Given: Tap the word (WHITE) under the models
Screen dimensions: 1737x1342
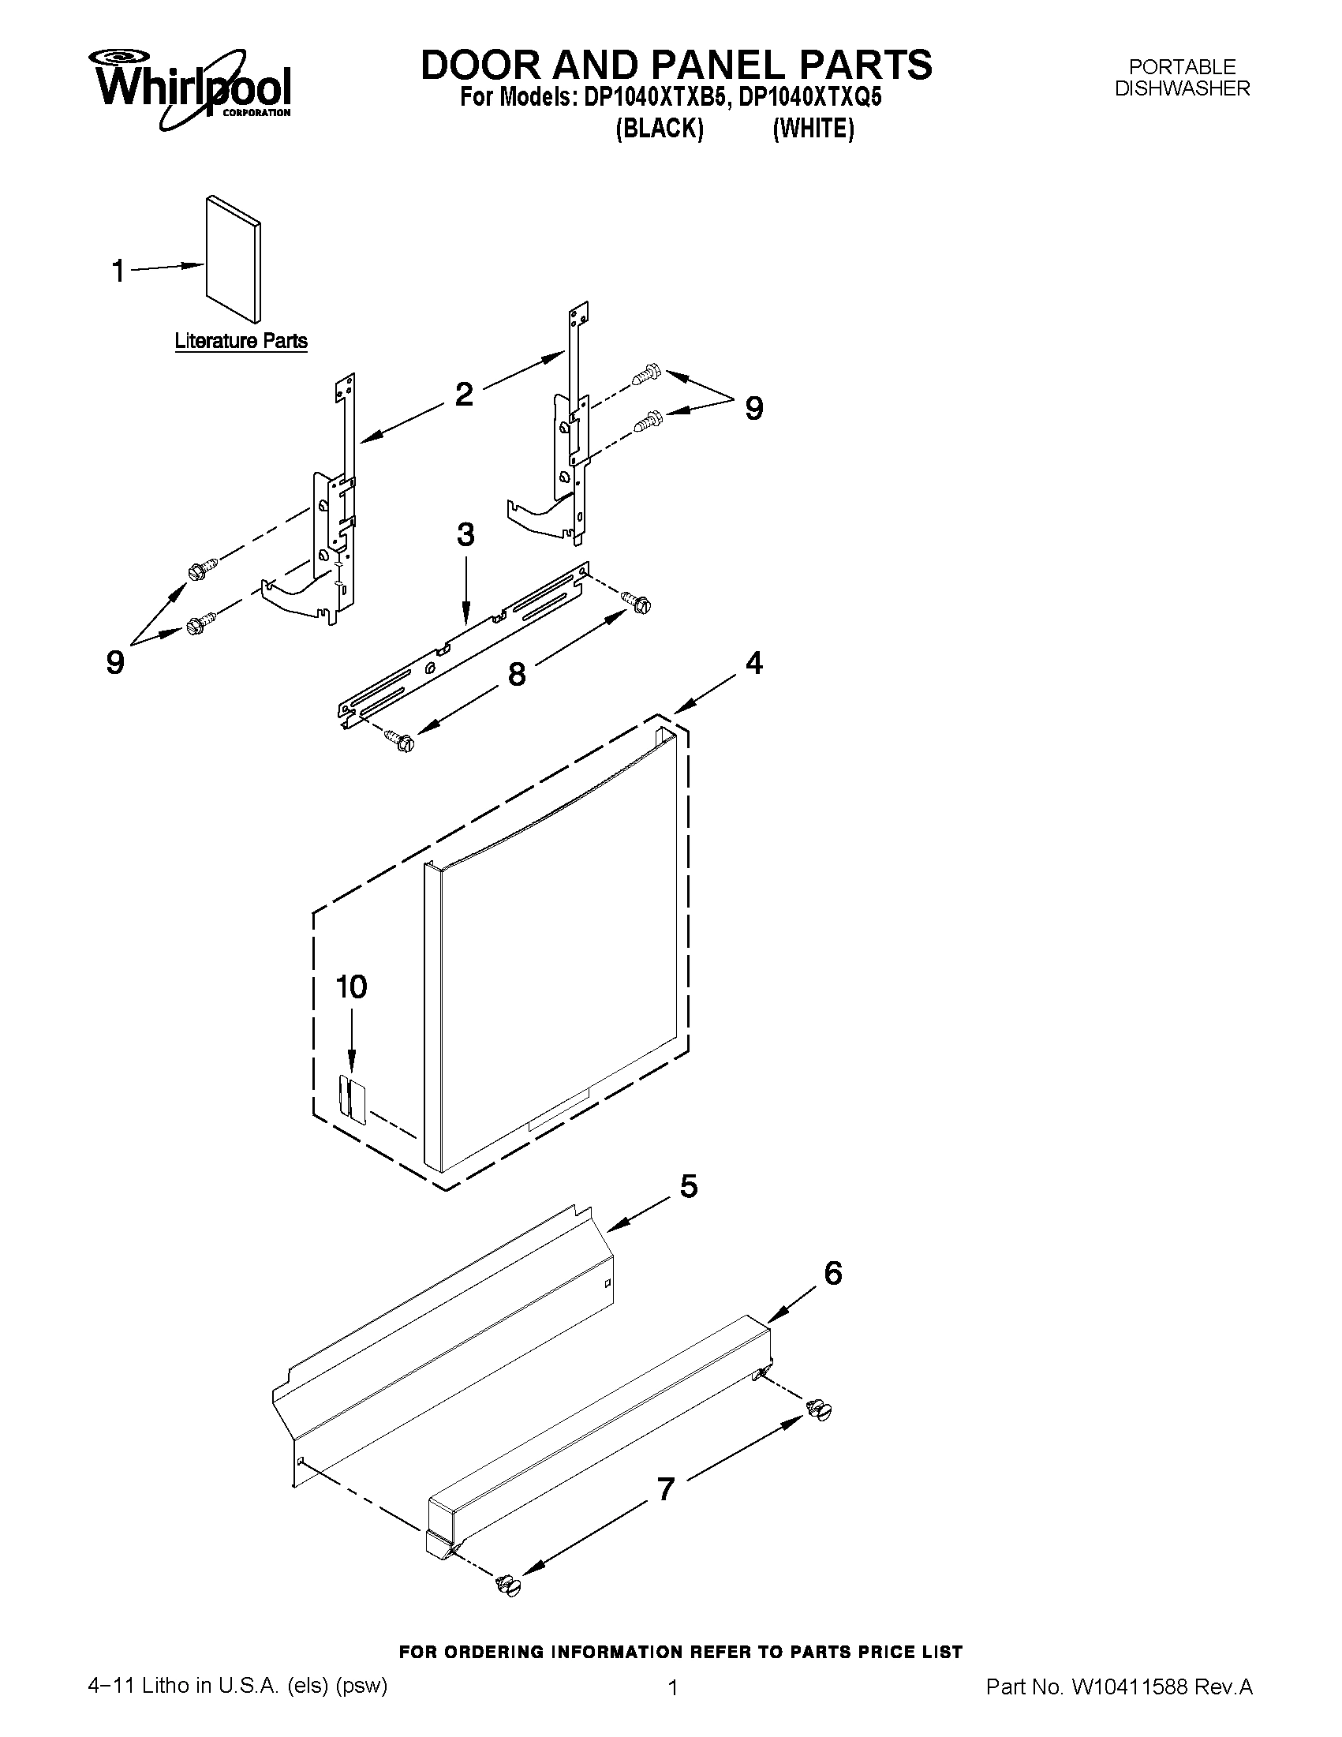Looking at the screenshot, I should coord(813,128).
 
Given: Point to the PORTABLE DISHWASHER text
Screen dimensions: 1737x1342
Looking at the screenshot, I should coord(1181,77).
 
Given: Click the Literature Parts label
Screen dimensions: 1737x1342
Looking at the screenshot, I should coord(241,341).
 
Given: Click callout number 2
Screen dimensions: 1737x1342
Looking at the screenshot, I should coord(463,394).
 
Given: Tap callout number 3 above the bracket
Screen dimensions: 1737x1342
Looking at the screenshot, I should coord(465,534).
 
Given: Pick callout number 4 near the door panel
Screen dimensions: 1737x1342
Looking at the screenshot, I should coord(753,661).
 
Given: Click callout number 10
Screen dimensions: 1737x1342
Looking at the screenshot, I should coord(351,987).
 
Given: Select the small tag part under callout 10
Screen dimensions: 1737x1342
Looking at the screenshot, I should coord(351,1099).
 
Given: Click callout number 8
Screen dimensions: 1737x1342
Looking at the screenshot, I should coord(516,675).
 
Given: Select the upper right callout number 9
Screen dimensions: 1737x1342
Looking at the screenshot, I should coord(753,409).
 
